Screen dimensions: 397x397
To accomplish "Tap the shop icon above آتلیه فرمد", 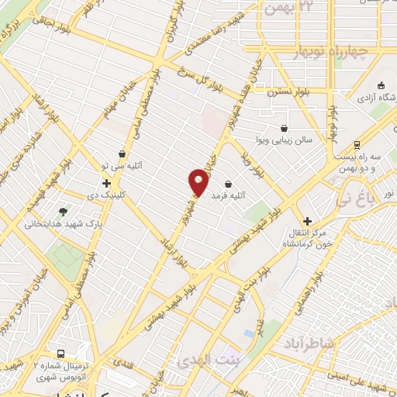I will (229, 185).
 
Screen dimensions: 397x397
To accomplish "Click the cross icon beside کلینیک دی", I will (106, 184).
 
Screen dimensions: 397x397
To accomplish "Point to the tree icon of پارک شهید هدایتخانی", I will (63, 211).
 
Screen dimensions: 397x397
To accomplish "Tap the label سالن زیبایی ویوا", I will (283, 141).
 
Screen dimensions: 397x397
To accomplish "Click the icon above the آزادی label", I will (380, 85).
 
